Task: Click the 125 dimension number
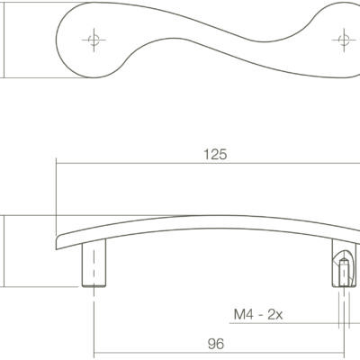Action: click(215, 155)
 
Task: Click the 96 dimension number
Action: click(216, 344)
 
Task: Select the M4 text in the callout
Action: click(244, 315)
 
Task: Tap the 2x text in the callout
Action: click(274, 315)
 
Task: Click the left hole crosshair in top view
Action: click(94, 40)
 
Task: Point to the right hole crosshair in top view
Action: click(344, 40)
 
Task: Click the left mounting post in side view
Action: click(94, 263)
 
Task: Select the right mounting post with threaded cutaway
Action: click(344, 263)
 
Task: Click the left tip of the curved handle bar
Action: click(57, 244)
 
